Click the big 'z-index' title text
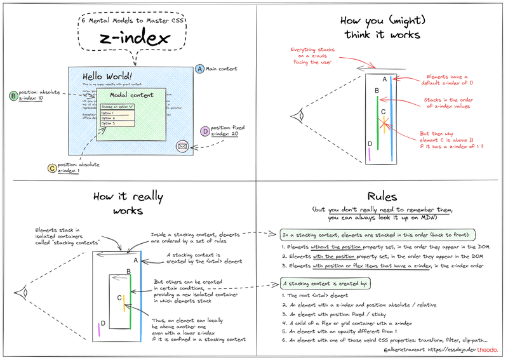[x=134, y=39]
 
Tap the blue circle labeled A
[x=200, y=69]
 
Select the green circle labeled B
[x=13, y=96]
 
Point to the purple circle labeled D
[x=204, y=131]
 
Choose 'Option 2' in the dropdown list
[x=109, y=117]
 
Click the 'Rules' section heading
[x=381, y=197]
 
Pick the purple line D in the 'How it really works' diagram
[x=100, y=328]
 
